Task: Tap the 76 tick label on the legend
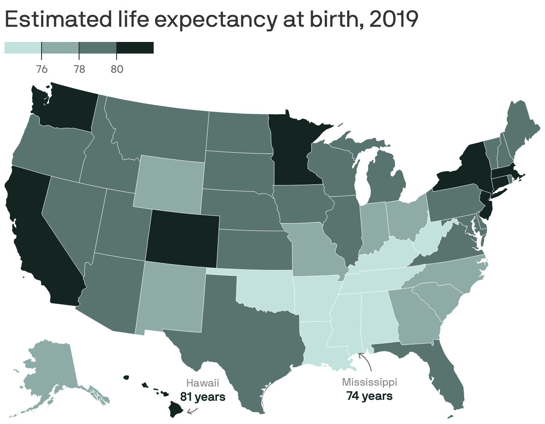[42, 69]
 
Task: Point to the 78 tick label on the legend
[79, 69]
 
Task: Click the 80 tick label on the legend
[117, 69]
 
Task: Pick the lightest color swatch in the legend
[23, 48]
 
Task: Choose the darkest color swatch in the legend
[135, 48]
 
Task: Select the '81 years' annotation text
[202, 396]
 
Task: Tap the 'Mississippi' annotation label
[369, 382]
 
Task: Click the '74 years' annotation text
[369, 396]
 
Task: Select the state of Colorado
[182, 236]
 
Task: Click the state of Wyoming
[169, 183]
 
